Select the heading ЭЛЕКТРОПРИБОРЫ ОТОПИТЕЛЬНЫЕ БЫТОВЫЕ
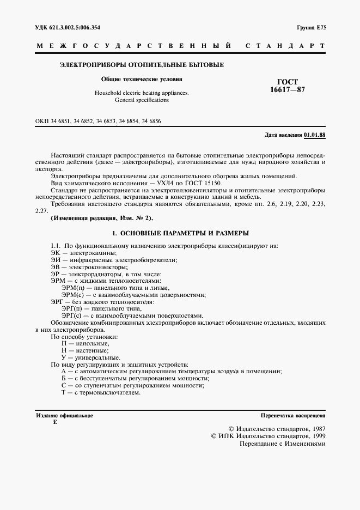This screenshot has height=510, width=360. click(x=141, y=65)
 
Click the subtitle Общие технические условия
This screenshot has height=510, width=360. click(x=142, y=79)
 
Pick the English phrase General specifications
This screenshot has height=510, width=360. click(x=142, y=100)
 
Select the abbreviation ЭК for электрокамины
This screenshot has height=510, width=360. click(x=55, y=253)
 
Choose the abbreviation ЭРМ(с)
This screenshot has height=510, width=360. click(x=73, y=295)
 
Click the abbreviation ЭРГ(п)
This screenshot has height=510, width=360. click(x=72, y=309)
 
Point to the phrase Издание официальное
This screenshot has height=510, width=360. click(x=65, y=415)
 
